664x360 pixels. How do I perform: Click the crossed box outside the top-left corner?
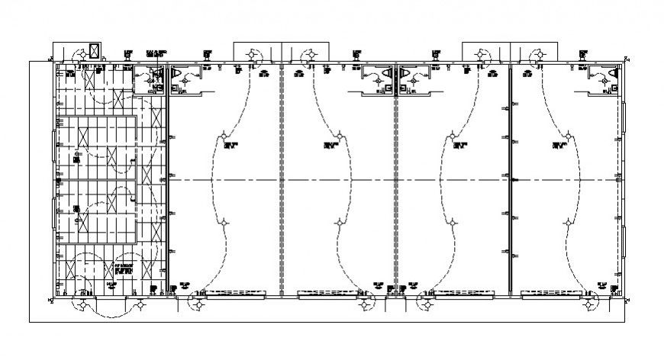[x=95, y=51]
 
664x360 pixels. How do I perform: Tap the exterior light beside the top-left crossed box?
[x=78, y=55]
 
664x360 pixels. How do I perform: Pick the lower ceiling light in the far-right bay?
[x=567, y=222]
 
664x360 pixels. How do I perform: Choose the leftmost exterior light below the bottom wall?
[x=79, y=305]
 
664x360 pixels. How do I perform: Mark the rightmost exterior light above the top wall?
[x=539, y=55]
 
